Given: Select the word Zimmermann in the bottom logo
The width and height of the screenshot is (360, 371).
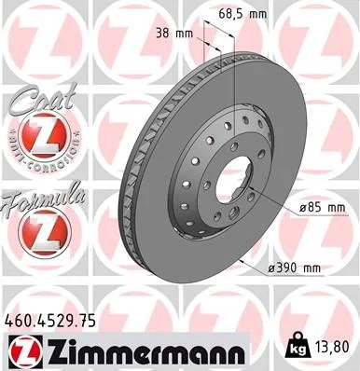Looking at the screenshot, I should coord(140,351).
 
